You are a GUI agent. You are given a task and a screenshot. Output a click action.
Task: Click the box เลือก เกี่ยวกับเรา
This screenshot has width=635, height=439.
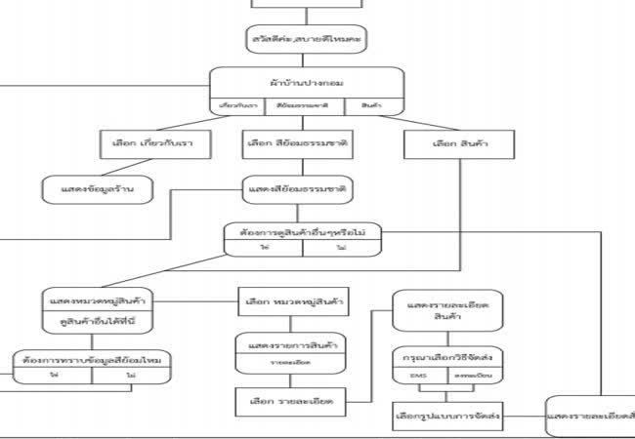pyautogui.click(x=147, y=143)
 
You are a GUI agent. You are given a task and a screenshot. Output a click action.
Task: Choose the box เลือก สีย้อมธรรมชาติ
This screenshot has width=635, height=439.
pyautogui.click(x=297, y=143)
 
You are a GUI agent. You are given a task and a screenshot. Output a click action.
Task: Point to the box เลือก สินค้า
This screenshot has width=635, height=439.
pyautogui.click(x=460, y=143)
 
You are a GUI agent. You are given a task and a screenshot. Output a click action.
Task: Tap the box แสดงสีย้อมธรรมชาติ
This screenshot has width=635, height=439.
pyautogui.click(x=299, y=186)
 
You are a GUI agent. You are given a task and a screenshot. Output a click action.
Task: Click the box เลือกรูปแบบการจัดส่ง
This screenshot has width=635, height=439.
pyautogui.click(x=448, y=417)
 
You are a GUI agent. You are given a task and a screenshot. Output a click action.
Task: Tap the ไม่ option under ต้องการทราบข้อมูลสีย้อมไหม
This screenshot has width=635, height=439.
pyautogui.click(x=130, y=377)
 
